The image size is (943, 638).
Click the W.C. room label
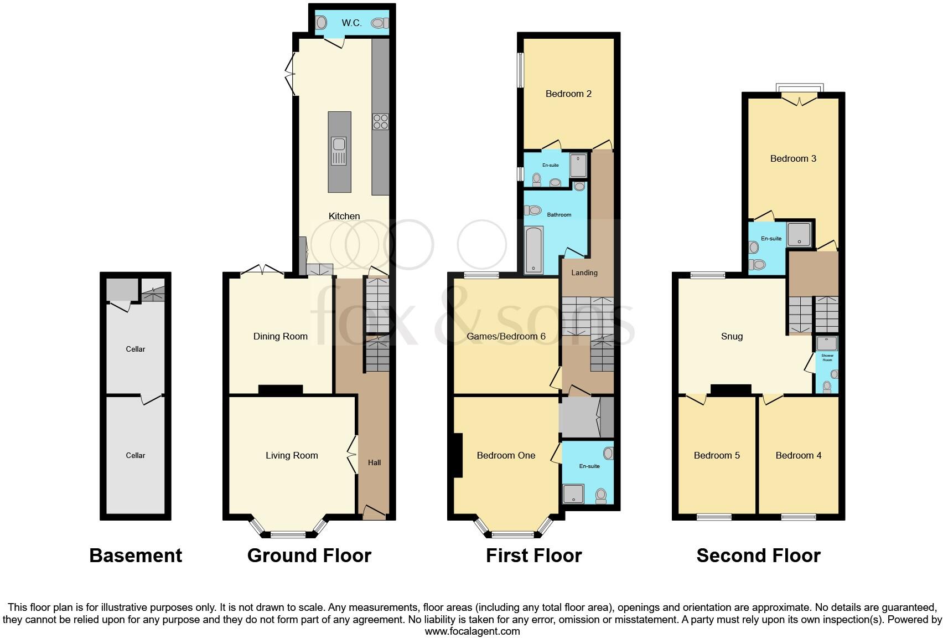click(x=351, y=23)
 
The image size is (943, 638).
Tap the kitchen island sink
click(x=339, y=151)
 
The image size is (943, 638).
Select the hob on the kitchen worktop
click(x=380, y=121)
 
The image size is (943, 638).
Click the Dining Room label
click(x=280, y=336)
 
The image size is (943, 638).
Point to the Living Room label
click(x=292, y=455)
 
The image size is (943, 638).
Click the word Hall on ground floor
click(x=374, y=462)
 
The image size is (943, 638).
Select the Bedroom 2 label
click(x=568, y=94)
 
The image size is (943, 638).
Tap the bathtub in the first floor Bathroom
click(x=534, y=250)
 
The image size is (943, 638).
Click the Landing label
click(x=584, y=272)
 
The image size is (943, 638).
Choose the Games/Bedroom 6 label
click(x=506, y=336)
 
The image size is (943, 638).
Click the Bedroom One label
click(x=506, y=455)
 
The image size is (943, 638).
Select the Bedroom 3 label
click(x=793, y=158)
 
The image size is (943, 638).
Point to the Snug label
click(x=732, y=336)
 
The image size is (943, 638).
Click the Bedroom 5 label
click(x=717, y=455)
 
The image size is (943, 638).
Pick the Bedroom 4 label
click(x=798, y=455)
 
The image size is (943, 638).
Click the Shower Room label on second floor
click(x=827, y=358)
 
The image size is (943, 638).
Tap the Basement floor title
click(x=136, y=555)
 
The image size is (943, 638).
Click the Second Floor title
click(x=758, y=555)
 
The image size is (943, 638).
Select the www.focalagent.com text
click(x=472, y=631)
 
